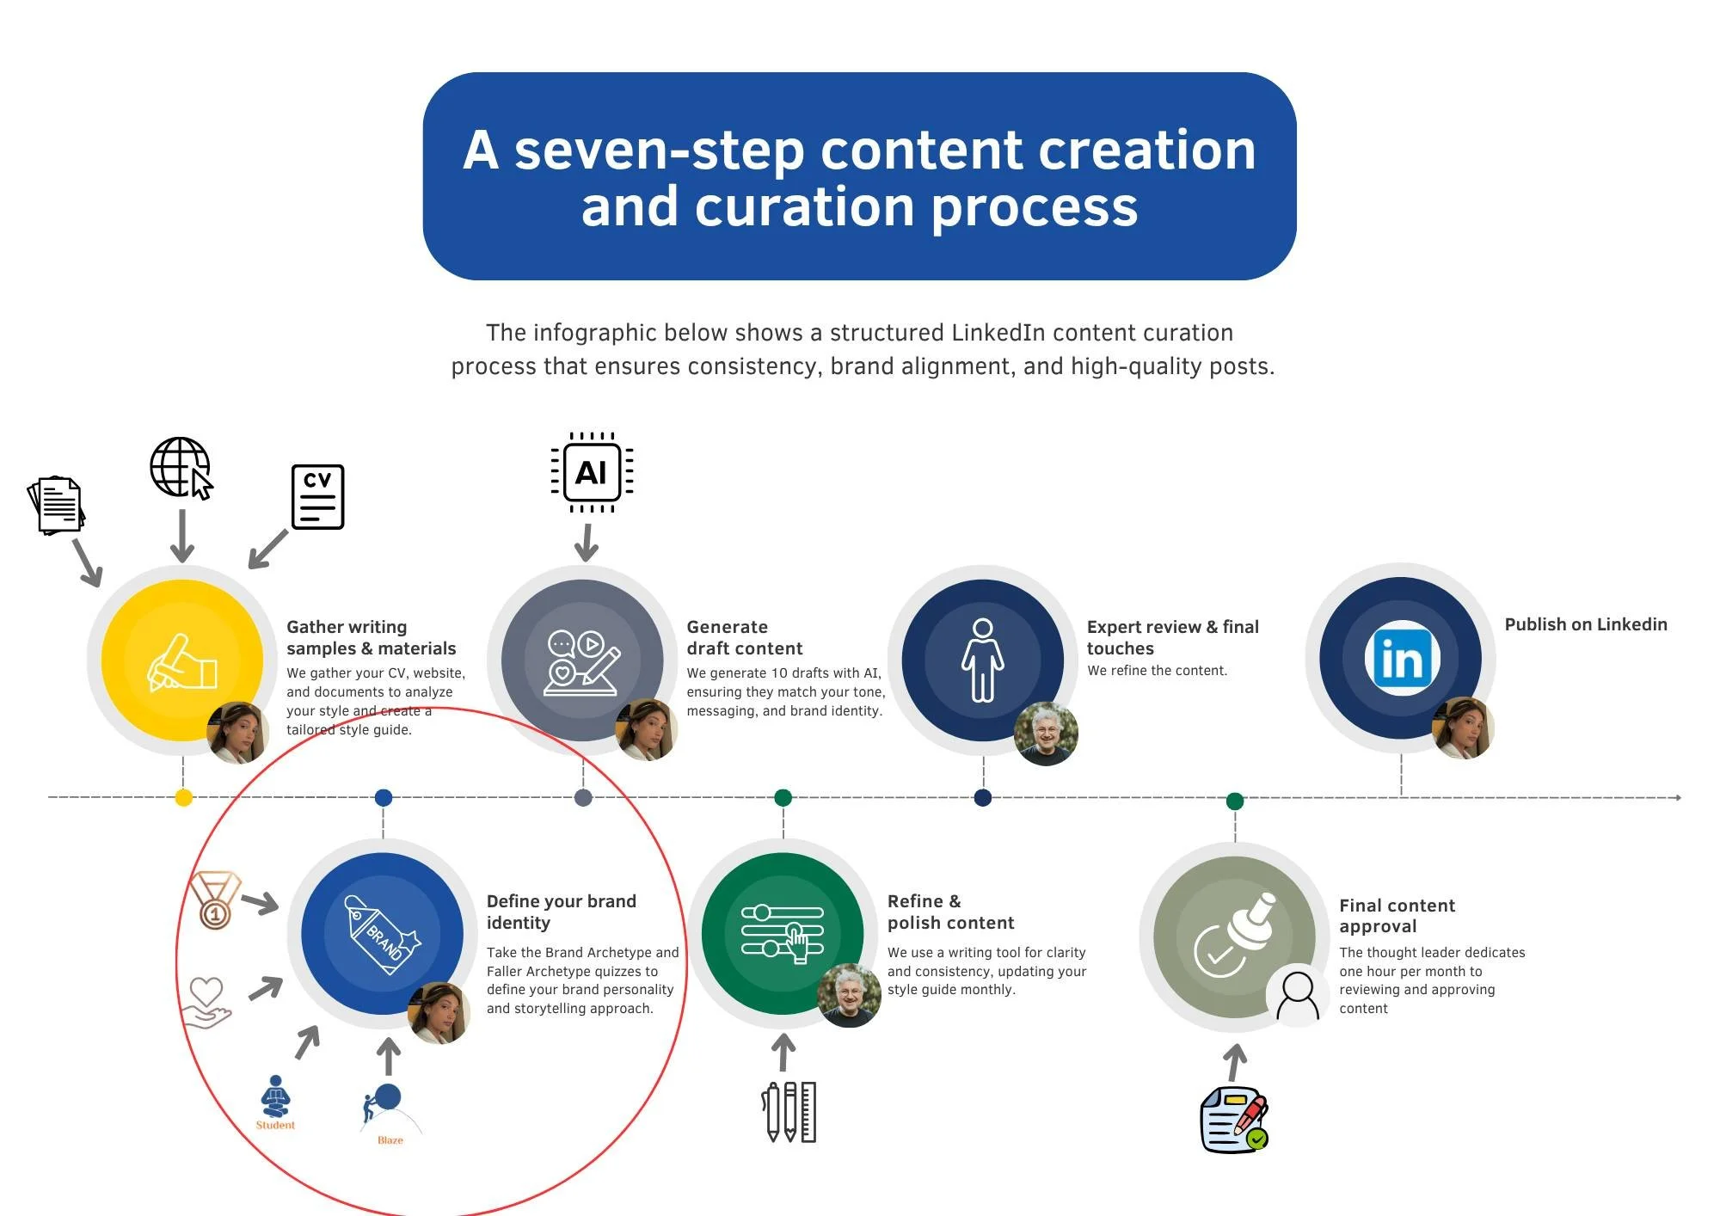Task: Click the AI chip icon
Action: tap(592, 472)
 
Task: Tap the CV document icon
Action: tap(317, 497)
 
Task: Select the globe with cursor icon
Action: tap(181, 468)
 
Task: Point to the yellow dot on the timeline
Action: tap(183, 798)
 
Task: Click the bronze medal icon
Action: tap(214, 900)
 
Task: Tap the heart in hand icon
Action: tap(206, 1002)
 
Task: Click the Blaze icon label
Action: tap(390, 1140)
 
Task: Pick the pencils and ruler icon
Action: tap(789, 1112)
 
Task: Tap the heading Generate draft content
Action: tap(744, 637)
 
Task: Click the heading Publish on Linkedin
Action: tap(1585, 624)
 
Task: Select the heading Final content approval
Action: tap(1397, 915)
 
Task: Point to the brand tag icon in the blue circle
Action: tap(382, 934)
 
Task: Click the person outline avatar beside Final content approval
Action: tap(1297, 996)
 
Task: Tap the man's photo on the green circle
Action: tap(849, 995)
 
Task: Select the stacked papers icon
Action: tap(57, 505)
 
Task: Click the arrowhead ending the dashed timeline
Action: tap(1678, 798)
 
